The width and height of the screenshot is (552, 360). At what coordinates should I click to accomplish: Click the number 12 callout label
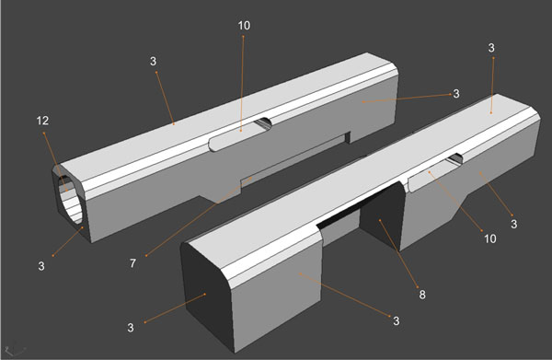pos(42,121)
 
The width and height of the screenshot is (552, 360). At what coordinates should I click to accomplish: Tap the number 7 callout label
pos(132,263)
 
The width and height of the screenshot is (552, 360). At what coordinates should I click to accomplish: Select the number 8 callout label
pos(422,294)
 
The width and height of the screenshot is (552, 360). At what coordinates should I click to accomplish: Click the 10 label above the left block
pos(244,26)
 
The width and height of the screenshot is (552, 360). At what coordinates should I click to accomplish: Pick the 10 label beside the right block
pos(490,238)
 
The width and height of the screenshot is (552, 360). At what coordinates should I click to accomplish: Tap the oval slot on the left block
pos(240,135)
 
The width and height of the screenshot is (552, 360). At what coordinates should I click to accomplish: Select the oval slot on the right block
pos(435,172)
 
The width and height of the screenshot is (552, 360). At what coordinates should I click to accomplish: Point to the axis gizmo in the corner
pos(14,349)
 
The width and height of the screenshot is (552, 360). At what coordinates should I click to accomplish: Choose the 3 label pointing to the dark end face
pos(131,328)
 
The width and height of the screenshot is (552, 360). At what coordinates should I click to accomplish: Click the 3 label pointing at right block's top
pos(491,48)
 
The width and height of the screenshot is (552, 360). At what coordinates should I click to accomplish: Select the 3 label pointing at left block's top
pos(153,62)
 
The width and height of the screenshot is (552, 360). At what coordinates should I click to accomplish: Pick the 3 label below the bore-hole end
pos(41,266)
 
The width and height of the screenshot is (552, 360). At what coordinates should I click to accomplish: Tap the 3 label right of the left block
pos(456,93)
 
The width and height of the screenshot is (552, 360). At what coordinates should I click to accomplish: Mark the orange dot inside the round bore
pos(66,191)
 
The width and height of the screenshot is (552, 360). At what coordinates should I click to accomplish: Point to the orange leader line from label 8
pos(399,253)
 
